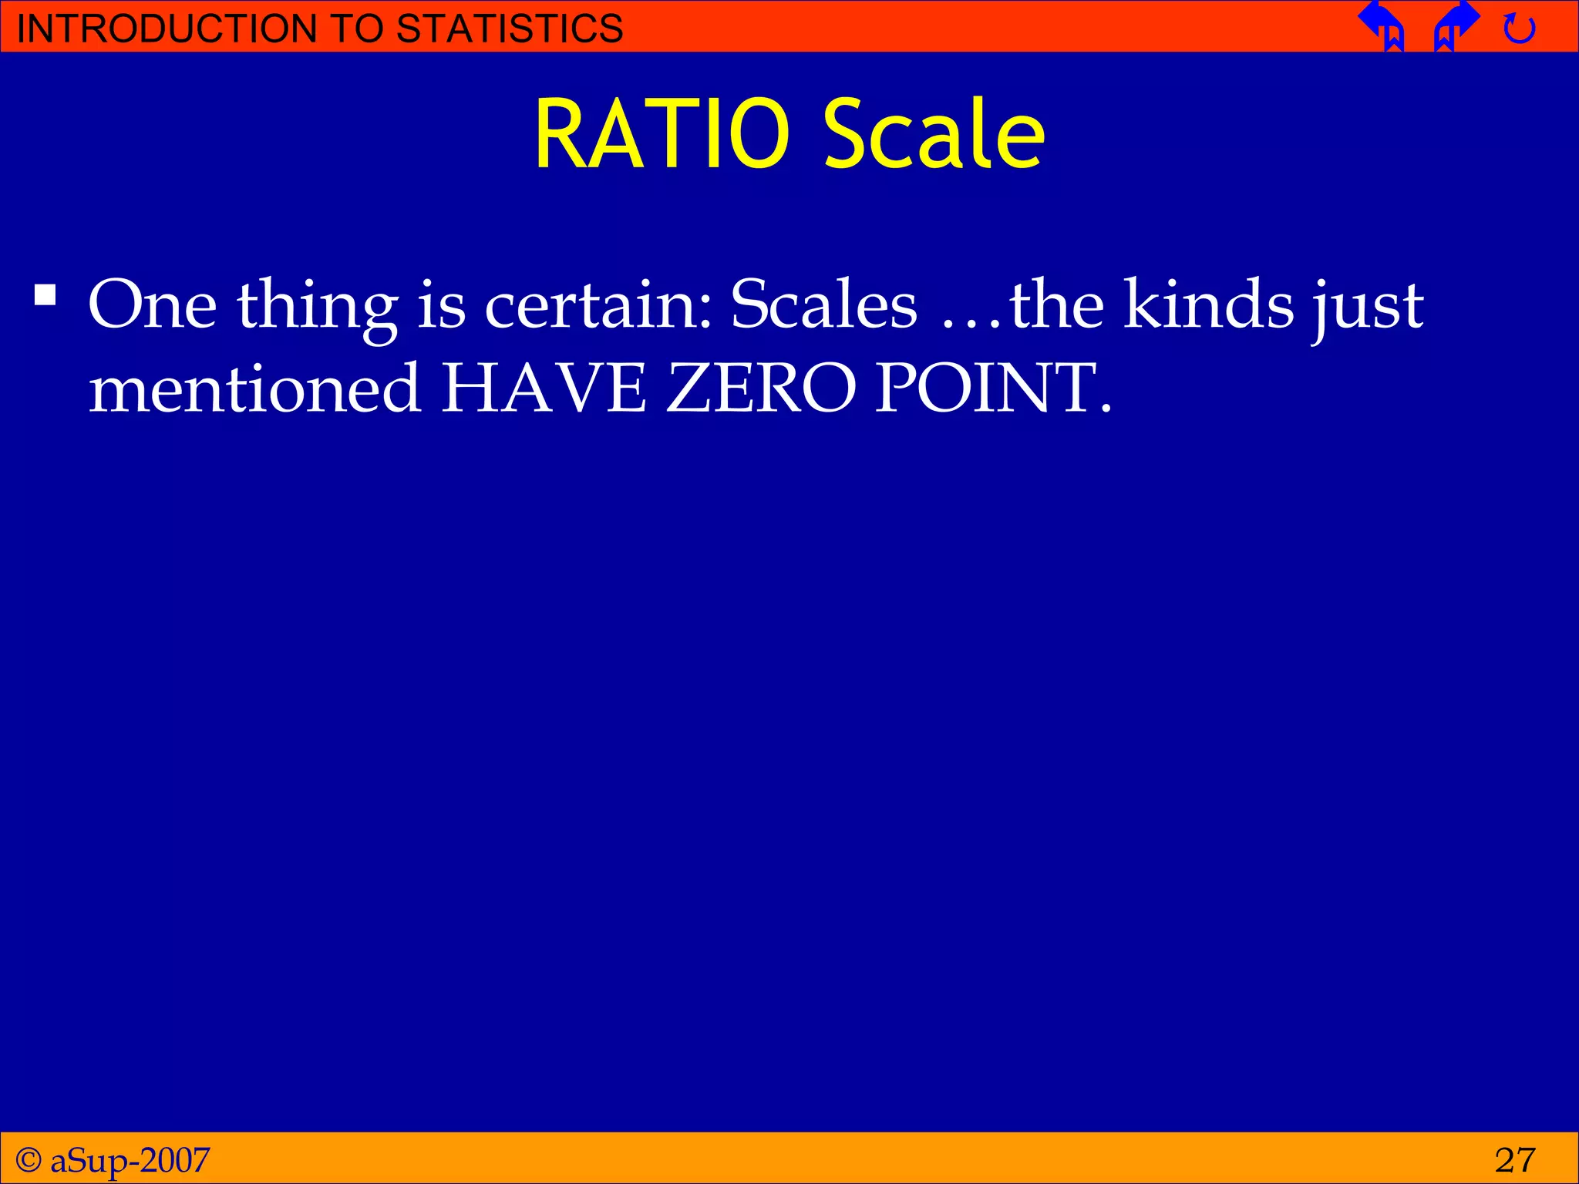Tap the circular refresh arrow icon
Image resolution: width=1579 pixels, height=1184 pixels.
click(1520, 29)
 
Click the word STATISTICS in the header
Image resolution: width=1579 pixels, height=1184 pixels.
click(510, 29)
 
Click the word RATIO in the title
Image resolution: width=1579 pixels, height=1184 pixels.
click(662, 134)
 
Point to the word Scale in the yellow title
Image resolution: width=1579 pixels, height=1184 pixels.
click(934, 134)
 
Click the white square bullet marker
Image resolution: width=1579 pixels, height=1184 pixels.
click(45, 296)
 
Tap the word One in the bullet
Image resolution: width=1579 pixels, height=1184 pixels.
click(153, 305)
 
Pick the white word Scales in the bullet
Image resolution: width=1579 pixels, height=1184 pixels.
click(823, 304)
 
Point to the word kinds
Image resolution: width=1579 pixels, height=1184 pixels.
click(1208, 304)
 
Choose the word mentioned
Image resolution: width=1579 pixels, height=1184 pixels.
click(254, 387)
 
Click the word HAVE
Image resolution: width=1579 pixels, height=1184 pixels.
click(544, 387)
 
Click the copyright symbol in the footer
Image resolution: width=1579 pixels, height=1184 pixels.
click(29, 1159)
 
